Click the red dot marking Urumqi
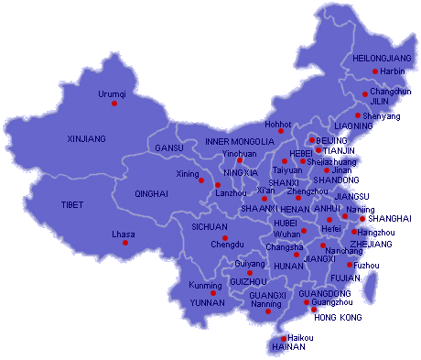point(114,103)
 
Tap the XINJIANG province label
point(87,138)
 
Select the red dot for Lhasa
point(125,243)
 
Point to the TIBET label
point(72,204)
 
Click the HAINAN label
point(288,348)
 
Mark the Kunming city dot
point(213,293)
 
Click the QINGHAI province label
point(151,194)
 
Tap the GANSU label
point(169,147)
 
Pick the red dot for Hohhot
point(281,131)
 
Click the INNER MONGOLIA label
point(239,142)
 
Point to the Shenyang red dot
point(357,115)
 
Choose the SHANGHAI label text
point(390,218)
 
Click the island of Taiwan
point(370,289)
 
